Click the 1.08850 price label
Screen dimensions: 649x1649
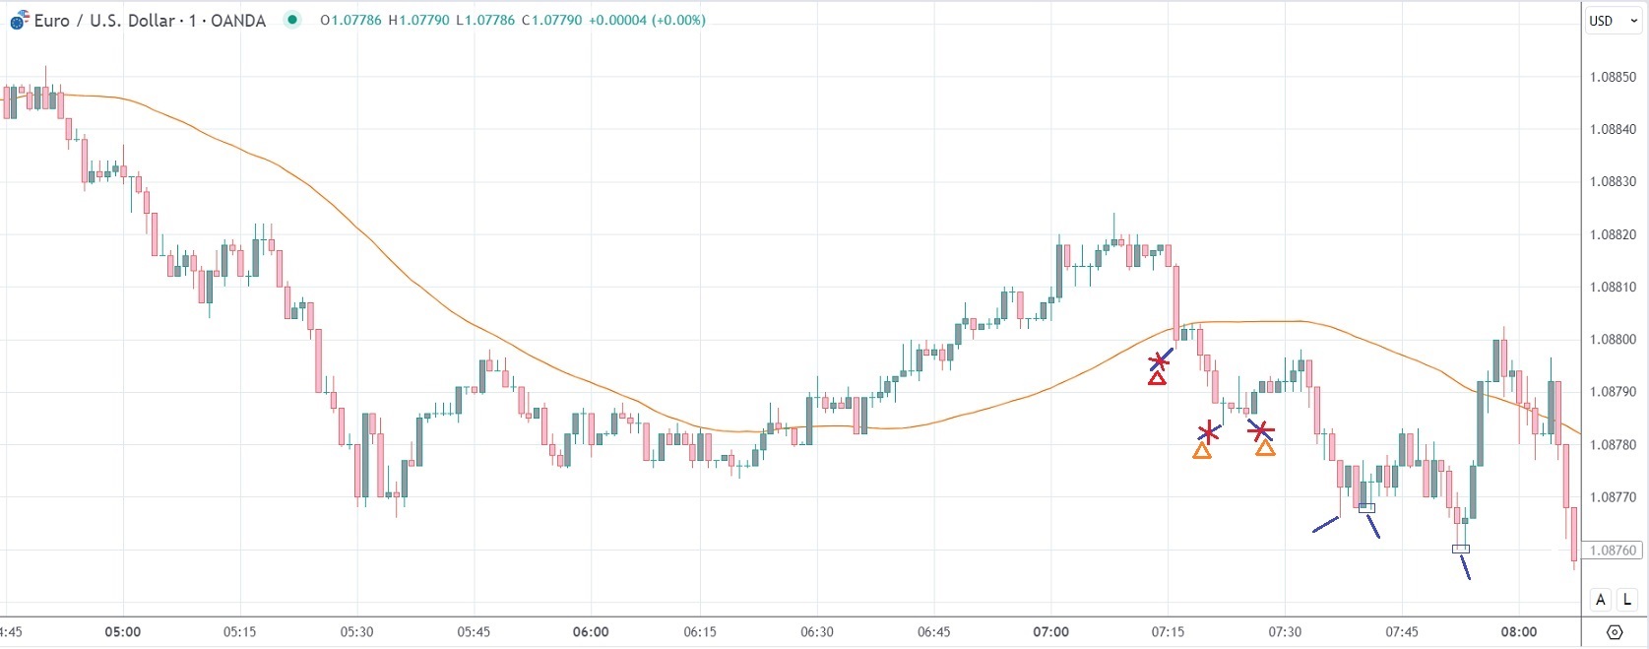1614,77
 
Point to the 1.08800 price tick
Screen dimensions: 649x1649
1614,340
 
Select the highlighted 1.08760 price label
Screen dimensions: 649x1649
1614,551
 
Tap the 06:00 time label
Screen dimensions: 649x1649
591,632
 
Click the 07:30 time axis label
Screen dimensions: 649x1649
1285,632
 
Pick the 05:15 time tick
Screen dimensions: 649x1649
239,632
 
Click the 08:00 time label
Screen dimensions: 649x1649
1519,632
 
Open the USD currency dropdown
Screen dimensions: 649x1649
1612,21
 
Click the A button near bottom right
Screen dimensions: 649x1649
1601,600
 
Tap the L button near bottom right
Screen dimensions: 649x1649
1626,600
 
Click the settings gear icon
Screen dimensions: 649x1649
1615,632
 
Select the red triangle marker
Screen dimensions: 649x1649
1158,378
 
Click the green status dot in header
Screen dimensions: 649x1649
292,20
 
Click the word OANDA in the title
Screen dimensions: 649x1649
238,21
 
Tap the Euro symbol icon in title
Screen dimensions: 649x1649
19,20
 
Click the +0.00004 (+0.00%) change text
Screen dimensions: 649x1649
647,20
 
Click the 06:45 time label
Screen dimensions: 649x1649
933,632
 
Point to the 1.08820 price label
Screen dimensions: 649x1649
1614,234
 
